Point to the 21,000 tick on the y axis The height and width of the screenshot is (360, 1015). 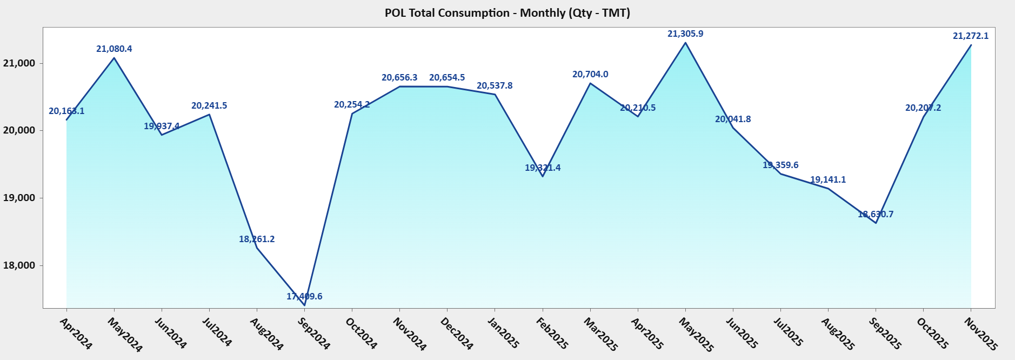point(19,63)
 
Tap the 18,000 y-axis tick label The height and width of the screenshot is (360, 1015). point(19,265)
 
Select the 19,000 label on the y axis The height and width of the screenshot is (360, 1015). point(19,198)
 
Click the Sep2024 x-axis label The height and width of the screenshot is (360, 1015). point(314,333)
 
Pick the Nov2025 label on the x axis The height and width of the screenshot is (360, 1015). point(980,334)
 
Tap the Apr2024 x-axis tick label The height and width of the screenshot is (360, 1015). point(76,333)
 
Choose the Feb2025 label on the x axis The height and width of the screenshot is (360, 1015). point(552,333)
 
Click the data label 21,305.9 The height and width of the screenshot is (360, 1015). point(685,34)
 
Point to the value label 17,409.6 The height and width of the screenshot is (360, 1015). point(304,296)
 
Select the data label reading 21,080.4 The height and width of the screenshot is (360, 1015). point(114,49)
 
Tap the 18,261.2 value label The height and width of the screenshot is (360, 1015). point(257,239)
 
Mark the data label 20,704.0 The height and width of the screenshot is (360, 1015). point(590,75)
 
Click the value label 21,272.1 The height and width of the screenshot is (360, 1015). point(971,36)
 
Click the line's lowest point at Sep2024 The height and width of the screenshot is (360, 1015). point(304,305)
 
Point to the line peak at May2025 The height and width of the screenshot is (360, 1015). point(685,43)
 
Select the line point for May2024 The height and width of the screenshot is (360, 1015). point(114,58)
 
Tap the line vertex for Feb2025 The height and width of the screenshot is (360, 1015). point(543,176)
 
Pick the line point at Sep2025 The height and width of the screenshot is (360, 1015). point(876,223)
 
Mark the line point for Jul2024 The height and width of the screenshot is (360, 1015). point(209,114)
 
